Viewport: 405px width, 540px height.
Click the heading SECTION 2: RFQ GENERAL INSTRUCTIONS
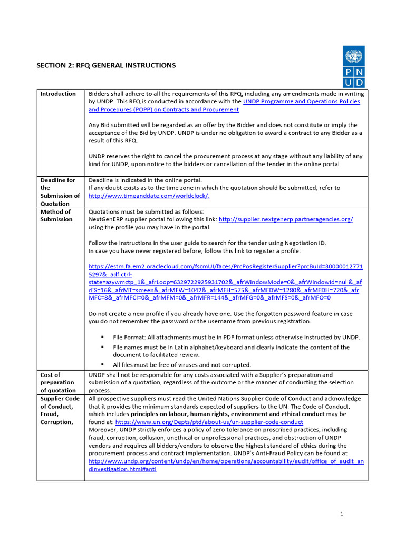(x=106, y=65)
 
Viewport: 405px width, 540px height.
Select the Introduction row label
(x=58, y=94)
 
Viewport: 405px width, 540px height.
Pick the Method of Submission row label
(x=56, y=215)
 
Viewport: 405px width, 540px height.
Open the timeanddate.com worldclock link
(x=149, y=196)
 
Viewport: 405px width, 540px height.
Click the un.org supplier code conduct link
(x=209, y=422)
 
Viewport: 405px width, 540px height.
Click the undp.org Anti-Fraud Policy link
(x=226, y=465)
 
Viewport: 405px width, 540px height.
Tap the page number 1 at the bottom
(x=342, y=514)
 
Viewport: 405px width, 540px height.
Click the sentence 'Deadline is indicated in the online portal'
(x=145, y=180)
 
